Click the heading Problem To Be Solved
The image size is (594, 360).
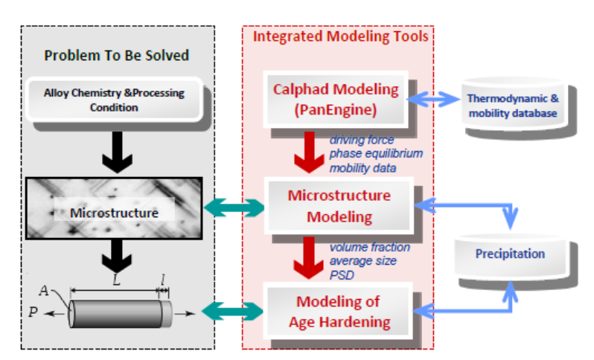point(116,55)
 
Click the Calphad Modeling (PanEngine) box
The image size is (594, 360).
point(335,99)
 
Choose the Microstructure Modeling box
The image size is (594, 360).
point(339,207)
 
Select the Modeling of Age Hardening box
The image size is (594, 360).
point(338,312)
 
